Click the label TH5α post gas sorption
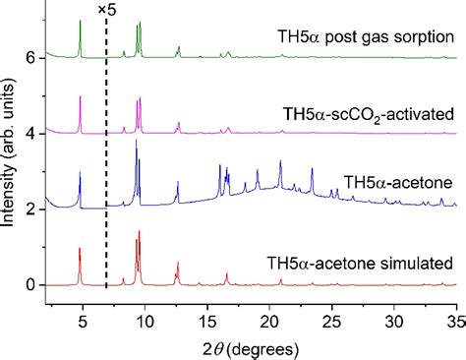coord(366,37)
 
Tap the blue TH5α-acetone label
coord(398,183)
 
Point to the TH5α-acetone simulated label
coord(359,263)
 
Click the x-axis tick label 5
coord(82,319)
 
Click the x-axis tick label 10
coord(145,319)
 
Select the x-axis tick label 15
coord(207,319)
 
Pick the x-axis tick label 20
coord(269,319)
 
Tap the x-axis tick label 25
coord(332,319)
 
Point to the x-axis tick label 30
coord(394,319)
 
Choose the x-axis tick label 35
coord(455,319)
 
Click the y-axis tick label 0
coord(30,285)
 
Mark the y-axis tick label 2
coord(30,210)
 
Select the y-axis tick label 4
coord(30,134)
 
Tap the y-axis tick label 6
coord(30,58)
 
